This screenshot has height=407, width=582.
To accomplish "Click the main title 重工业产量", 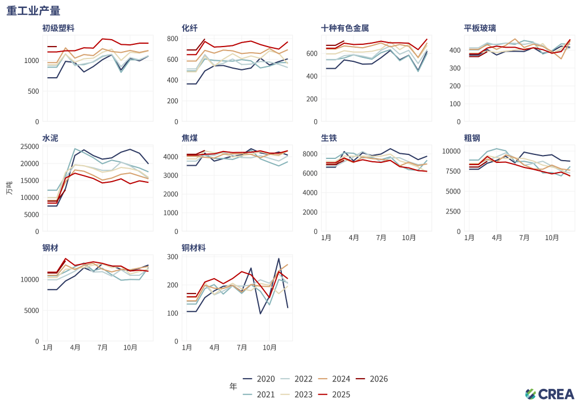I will [34, 11].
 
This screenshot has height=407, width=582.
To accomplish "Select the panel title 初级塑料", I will [58, 28].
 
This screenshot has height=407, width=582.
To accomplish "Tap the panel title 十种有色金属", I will [345, 28].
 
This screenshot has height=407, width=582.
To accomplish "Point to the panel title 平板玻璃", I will [480, 28].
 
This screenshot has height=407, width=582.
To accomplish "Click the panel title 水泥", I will [50, 138].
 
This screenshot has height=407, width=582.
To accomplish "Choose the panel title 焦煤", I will [190, 138].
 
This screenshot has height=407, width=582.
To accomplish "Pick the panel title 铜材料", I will [194, 248].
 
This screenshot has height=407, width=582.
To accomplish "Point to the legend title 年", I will [233, 387].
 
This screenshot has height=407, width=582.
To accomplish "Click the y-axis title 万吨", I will [9, 187].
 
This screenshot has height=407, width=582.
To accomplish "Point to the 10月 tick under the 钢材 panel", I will [130, 347].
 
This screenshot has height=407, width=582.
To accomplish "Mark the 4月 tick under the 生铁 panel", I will [354, 237].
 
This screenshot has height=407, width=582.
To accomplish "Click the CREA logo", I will [550, 394].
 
